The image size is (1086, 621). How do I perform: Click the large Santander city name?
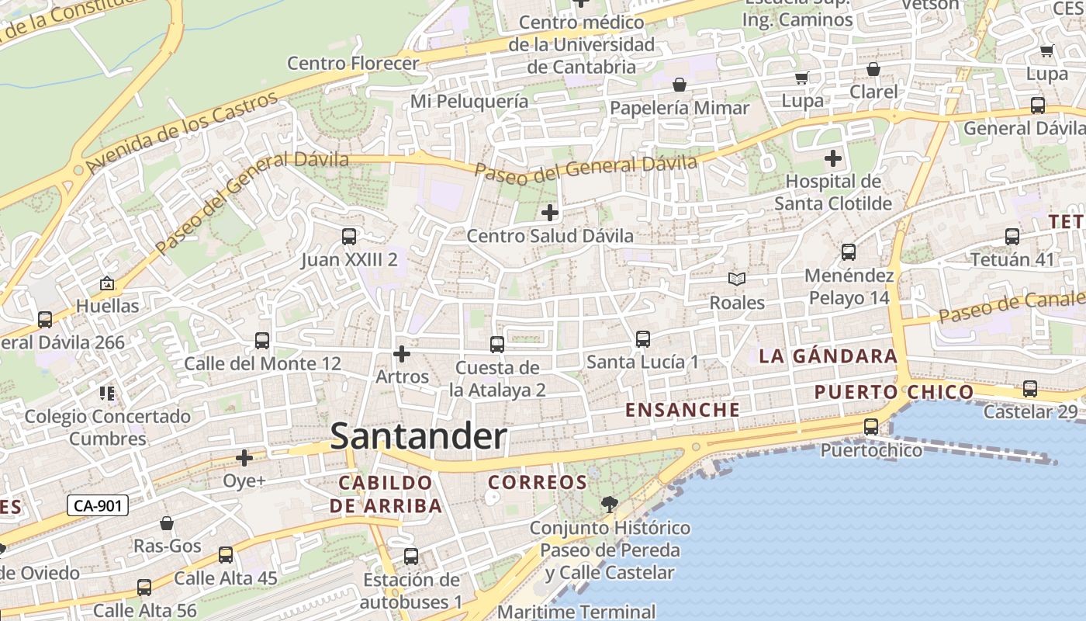pyautogui.click(x=419, y=436)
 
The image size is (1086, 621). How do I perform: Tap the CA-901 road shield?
pyautogui.click(x=97, y=506)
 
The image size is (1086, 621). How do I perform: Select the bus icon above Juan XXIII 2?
pyautogui.click(x=349, y=237)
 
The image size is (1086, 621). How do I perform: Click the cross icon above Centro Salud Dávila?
pyautogui.click(x=550, y=212)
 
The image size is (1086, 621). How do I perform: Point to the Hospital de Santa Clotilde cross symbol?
pyautogui.click(x=833, y=159)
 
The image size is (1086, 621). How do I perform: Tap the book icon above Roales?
pyautogui.click(x=736, y=279)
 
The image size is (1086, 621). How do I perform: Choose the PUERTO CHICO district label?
pyautogui.click(x=894, y=392)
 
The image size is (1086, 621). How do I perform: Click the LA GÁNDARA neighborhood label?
pyautogui.click(x=828, y=356)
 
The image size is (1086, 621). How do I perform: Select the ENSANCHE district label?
pyautogui.click(x=683, y=410)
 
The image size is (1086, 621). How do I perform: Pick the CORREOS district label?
pyautogui.click(x=538, y=482)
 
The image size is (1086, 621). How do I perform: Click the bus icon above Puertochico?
pyautogui.click(x=871, y=427)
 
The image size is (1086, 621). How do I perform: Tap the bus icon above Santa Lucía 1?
pyautogui.click(x=642, y=339)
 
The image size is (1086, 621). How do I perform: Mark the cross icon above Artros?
pyautogui.click(x=402, y=354)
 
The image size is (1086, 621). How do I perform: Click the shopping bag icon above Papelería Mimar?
pyautogui.click(x=680, y=85)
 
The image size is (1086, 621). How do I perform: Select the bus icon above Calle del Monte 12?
pyautogui.click(x=262, y=341)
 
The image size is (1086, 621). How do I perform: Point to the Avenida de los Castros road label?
pyautogui.click(x=182, y=133)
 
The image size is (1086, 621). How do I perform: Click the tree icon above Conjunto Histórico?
pyautogui.click(x=610, y=505)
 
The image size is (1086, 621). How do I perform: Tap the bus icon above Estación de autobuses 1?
pyautogui.click(x=411, y=557)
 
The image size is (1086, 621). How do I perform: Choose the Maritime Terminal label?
pyautogui.click(x=576, y=612)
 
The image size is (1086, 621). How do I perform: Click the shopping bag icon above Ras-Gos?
pyautogui.click(x=167, y=523)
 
